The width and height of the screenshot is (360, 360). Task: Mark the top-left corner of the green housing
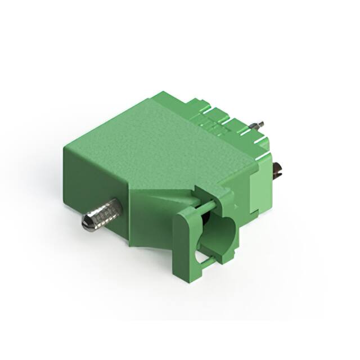pos(65,143)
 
